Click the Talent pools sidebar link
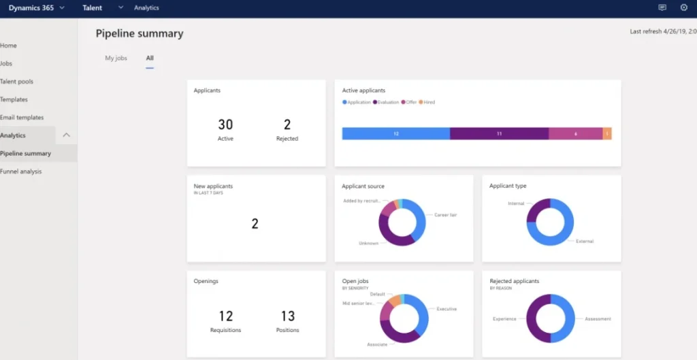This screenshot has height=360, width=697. point(17,82)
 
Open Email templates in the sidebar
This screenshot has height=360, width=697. point(22,118)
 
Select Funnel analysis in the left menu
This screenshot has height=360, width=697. point(21,171)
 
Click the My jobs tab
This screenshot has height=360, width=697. point(116,59)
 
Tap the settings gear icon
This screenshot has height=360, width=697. point(683,7)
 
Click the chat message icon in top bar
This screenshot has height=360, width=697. point(662,7)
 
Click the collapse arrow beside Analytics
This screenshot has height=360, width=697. point(66,135)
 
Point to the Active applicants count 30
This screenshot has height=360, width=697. point(225,125)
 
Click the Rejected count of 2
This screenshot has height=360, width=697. point(287,125)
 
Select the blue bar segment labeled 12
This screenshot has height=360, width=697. point(395,134)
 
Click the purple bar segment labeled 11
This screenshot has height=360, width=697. point(499,134)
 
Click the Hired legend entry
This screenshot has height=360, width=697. point(428,102)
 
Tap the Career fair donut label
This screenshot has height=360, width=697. point(445,215)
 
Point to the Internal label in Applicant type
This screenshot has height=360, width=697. point(516,203)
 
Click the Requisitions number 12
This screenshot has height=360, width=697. point(225,316)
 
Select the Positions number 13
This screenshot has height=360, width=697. point(288,316)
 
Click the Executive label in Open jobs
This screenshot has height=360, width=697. point(446,309)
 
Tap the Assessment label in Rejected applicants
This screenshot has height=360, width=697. point(598,318)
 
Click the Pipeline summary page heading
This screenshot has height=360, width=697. point(140,33)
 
